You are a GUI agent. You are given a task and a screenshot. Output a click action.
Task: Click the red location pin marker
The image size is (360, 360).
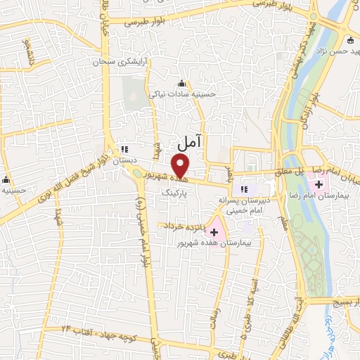181,166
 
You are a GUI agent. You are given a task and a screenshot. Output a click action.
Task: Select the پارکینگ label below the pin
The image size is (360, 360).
174,191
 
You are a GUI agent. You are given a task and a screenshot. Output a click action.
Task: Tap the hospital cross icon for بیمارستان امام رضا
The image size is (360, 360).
320,186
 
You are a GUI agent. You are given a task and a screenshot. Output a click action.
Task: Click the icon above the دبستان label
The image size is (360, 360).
125,149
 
